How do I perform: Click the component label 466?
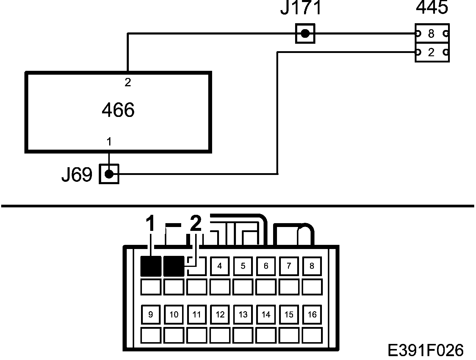pyautogui.click(x=118, y=110)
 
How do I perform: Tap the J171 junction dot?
pyautogui.click(x=305, y=33)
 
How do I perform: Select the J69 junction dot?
pyautogui.click(x=109, y=174)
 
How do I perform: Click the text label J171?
pyautogui.click(x=301, y=8)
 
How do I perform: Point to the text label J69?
pyautogui.click(x=77, y=175)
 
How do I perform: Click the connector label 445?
pyautogui.click(x=432, y=7)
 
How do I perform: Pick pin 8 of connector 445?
pyautogui.click(x=431, y=34)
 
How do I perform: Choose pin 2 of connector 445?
pyautogui.click(x=431, y=53)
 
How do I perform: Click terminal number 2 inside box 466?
pyautogui.click(x=128, y=82)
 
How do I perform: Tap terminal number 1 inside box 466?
pyautogui.click(x=109, y=142)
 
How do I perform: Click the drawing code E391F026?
pyautogui.click(x=426, y=350)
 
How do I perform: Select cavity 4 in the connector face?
pyautogui.click(x=220, y=266)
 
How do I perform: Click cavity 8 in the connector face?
pyautogui.click(x=312, y=266)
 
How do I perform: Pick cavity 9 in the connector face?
pyautogui.click(x=151, y=314)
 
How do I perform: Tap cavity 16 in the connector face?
pyautogui.click(x=312, y=314)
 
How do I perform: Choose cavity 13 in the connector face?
pyautogui.click(x=243, y=314)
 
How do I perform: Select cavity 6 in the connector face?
pyautogui.click(x=266, y=266)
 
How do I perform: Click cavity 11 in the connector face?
pyautogui.click(x=197, y=314)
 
